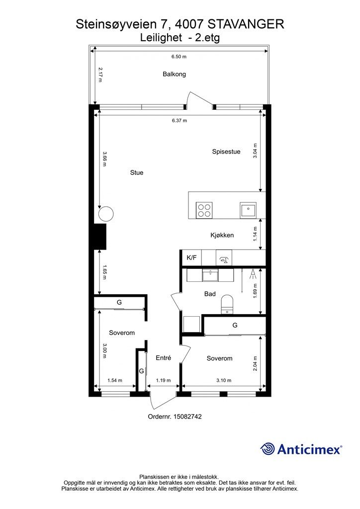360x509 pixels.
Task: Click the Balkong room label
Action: click(x=175, y=75)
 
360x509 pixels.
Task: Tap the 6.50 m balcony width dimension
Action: click(x=179, y=57)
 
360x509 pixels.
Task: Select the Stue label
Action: click(x=137, y=172)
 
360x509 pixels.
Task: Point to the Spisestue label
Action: click(x=226, y=152)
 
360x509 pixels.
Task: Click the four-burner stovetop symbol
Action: click(x=204, y=210)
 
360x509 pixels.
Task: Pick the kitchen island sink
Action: click(x=248, y=210)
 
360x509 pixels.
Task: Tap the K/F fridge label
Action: click(x=191, y=258)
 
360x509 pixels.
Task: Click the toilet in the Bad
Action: click(x=227, y=305)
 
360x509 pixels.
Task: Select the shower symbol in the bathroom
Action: click(x=253, y=274)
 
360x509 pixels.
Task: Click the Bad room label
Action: click(x=210, y=294)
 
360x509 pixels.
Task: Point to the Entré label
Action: click(x=163, y=358)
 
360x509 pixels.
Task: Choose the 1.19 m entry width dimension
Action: click(x=163, y=380)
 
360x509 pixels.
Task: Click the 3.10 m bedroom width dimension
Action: click(x=224, y=380)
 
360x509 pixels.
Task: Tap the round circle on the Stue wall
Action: click(x=106, y=214)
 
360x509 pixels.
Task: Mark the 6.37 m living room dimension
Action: click(x=180, y=120)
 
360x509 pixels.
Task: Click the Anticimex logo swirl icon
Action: click(x=268, y=449)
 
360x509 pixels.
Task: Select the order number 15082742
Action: click(x=187, y=417)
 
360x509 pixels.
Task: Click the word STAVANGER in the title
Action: click(x=246, y=24)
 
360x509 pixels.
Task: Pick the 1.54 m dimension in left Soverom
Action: click(x=114, y=380)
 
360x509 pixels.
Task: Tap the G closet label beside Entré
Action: click(x=142, y=371)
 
